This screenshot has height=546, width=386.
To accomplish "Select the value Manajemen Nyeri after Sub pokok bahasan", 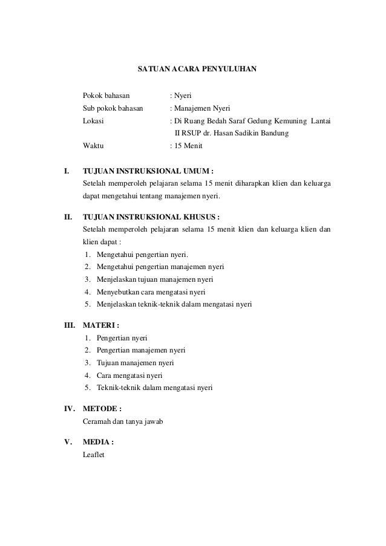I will tap(198, 108).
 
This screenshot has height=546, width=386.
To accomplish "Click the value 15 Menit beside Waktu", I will tap(188, 146).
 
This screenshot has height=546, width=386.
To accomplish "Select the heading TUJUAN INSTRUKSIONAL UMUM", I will tap(148, 171).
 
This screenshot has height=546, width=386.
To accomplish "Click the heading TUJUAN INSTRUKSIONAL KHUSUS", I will tap(151, 216).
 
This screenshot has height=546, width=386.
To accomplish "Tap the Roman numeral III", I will tap(70, 325).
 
